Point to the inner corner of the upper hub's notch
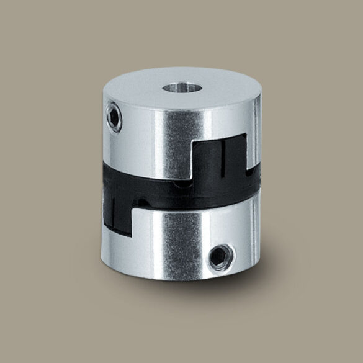coord(195,144)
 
